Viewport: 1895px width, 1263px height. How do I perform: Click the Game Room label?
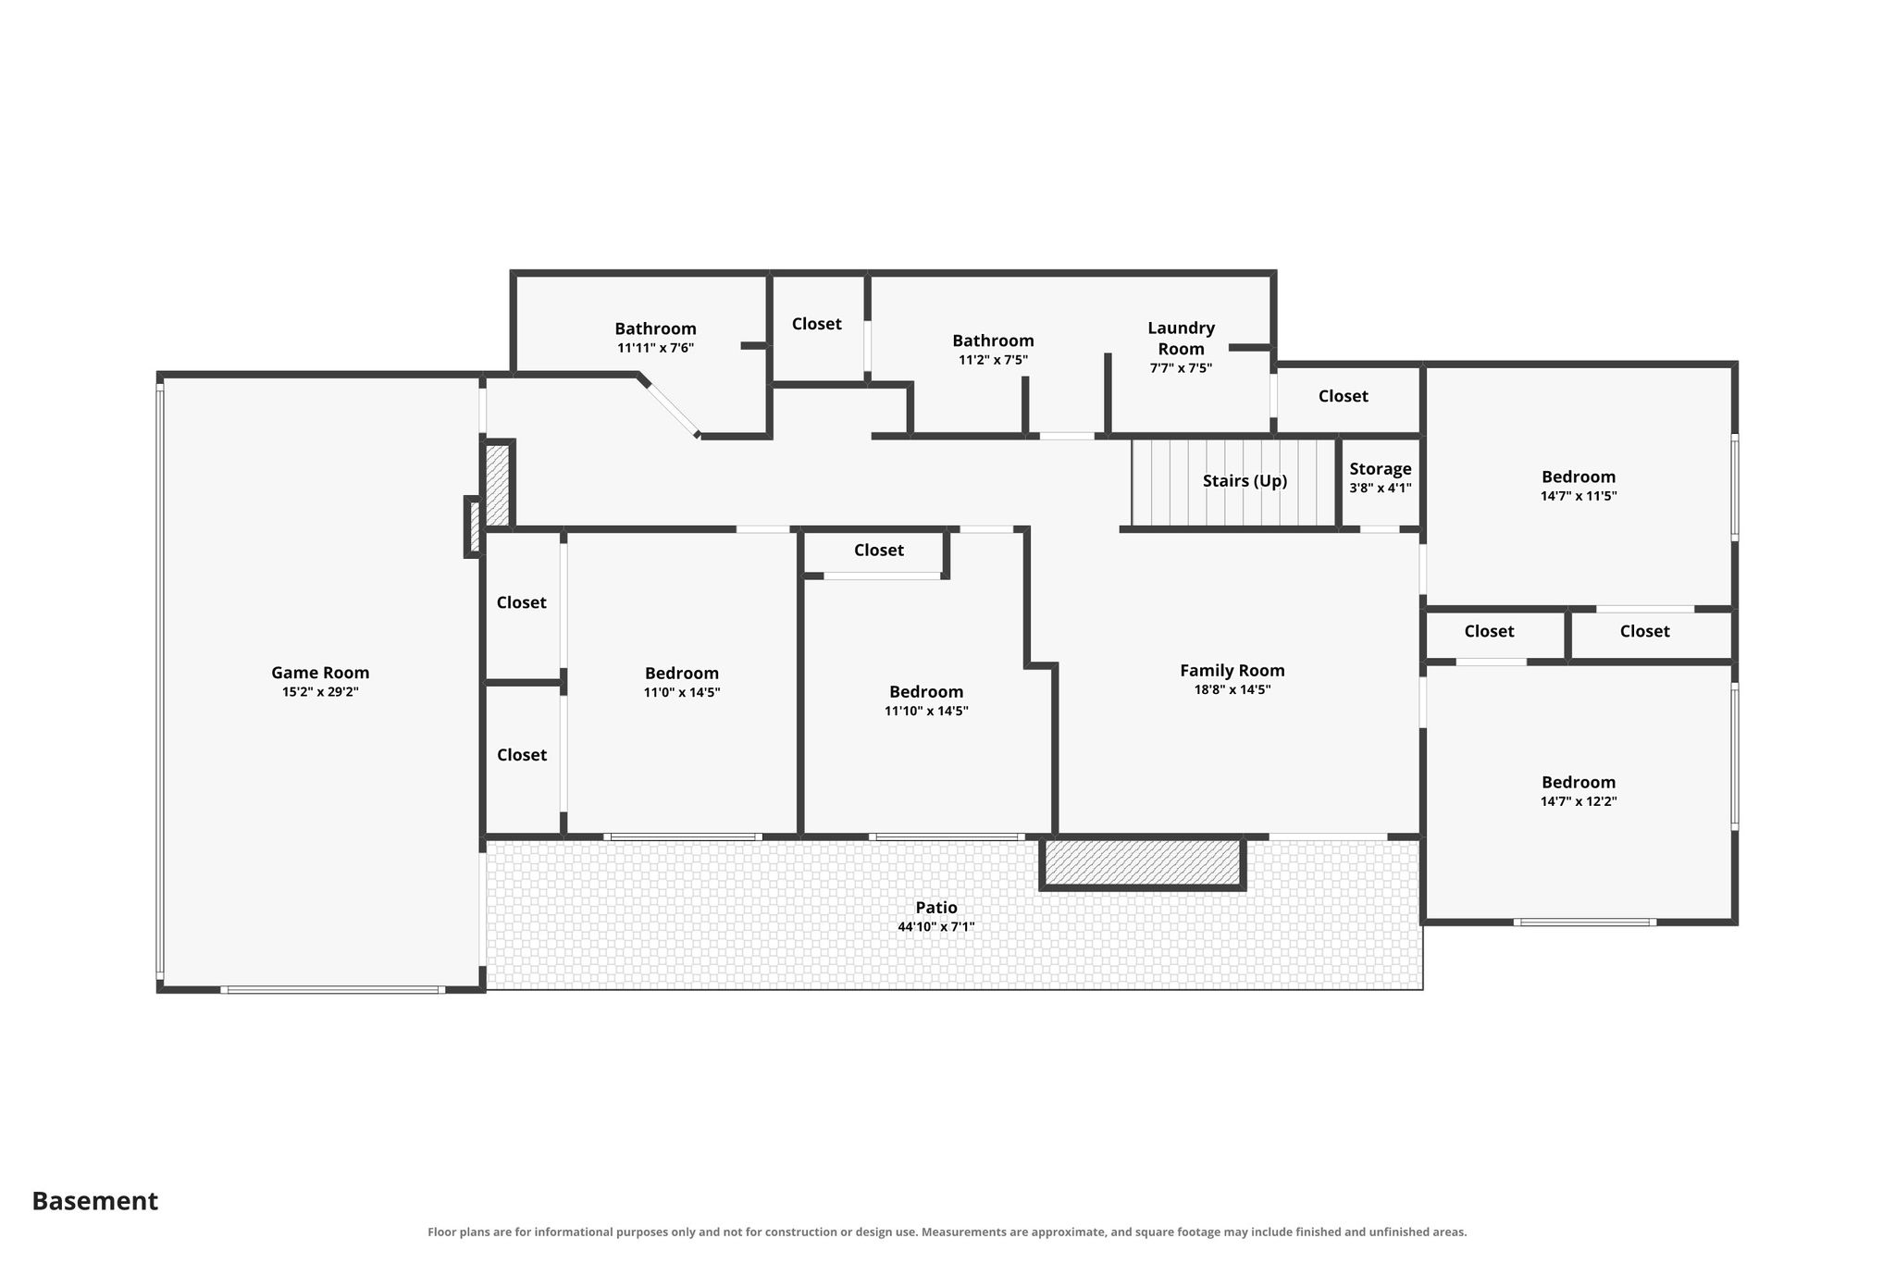point(320,673)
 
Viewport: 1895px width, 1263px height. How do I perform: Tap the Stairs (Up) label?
point(1245,481)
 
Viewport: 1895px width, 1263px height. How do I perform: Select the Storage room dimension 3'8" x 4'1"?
point(1381,489)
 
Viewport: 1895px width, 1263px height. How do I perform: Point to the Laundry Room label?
point(1182,338)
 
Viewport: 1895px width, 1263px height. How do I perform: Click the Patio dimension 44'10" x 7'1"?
point(936,926)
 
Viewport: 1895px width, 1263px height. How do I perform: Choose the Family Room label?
point(1232,671)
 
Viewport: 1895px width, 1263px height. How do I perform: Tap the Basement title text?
point(95,1201)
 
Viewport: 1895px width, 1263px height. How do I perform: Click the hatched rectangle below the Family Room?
point(1143,862)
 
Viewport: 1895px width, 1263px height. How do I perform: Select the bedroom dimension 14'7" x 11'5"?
point(1579,496)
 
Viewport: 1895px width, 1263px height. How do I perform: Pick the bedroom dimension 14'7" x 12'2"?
point(1579,801)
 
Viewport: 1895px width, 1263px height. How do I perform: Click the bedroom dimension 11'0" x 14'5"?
point(682,692)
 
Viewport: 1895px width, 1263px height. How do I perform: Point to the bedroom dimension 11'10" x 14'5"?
point(926,711)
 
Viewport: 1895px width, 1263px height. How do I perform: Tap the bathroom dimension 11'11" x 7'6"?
point(656,348)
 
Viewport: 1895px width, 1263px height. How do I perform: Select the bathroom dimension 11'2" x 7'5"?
point(993,360)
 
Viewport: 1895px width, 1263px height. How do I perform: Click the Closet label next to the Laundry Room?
point(1344,396)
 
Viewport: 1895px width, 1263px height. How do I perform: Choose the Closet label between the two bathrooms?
point(817,324)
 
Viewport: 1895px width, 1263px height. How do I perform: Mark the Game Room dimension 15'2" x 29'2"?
point(320,692)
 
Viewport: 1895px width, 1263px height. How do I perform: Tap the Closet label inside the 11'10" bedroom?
point(879,551)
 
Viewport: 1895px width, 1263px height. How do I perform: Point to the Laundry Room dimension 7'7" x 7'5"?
point(1181,367)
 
